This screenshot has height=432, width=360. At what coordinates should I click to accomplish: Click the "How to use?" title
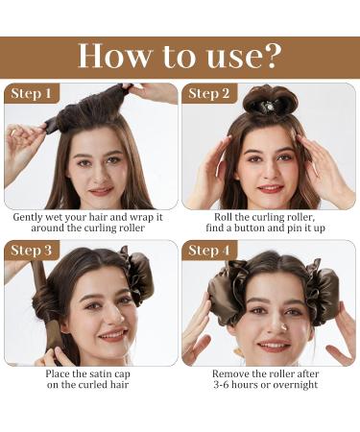coord(180,56)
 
